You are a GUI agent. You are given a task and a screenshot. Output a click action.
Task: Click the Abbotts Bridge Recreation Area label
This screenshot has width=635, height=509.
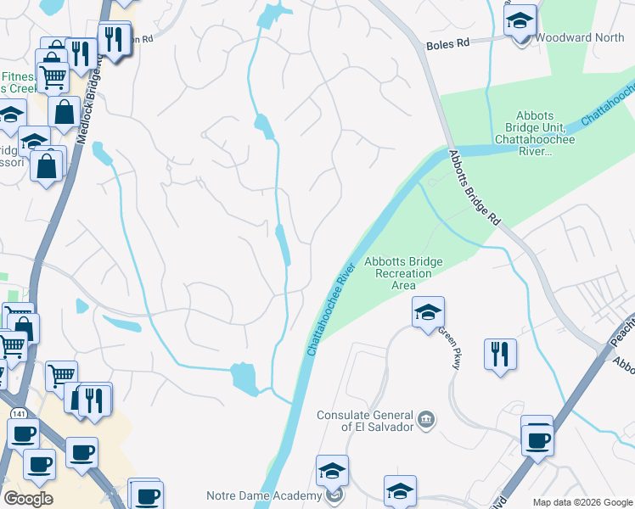tap(399, 274)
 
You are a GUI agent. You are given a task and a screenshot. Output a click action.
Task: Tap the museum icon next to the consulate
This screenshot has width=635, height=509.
tap(426, 418)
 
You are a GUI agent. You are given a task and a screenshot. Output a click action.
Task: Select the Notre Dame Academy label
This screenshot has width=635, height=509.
tap(263, 495)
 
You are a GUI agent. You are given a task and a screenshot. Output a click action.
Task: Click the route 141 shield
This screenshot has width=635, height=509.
tap(19, 413)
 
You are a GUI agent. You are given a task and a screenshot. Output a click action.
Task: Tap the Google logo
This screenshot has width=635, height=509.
tap(29, 499)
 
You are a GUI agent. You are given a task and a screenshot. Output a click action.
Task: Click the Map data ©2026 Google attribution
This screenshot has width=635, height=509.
tap(582, 502)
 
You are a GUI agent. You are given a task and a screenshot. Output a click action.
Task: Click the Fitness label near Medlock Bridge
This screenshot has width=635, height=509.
tap(17, 76)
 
